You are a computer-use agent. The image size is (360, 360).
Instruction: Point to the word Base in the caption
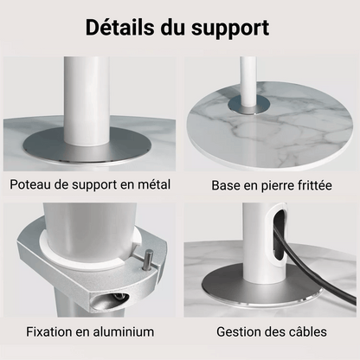(226, 185)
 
